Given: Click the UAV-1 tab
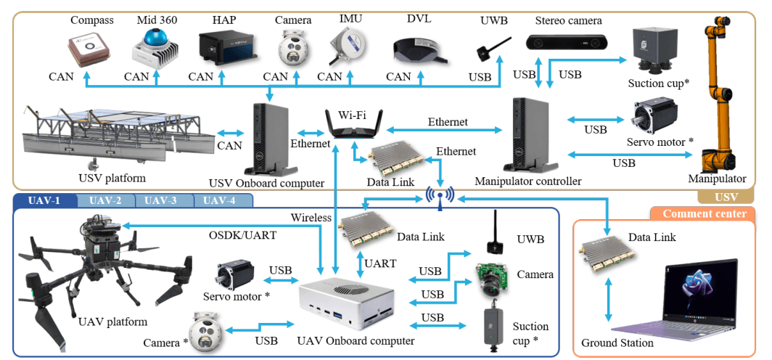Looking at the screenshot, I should pyautogui.click(x=44, y=200).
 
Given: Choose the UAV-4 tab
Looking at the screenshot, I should pyautogui.click(x=218, y=200).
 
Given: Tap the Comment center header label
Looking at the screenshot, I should pyautogui.click(x=704, y=213).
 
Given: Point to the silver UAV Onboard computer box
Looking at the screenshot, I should pyautogui.click(x=348, y=302).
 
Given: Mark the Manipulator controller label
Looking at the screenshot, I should pyautogui.click(x=527, y=181).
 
